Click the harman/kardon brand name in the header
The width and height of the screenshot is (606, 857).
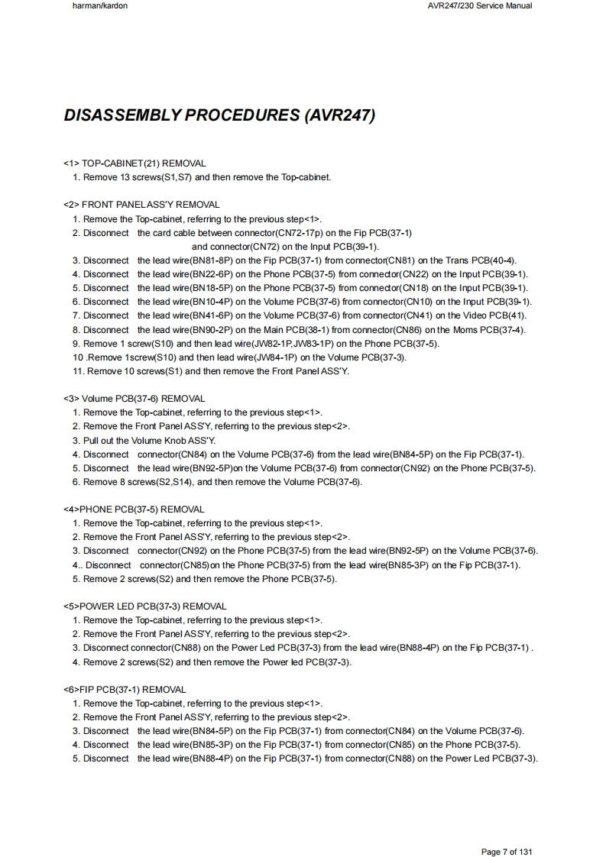95,6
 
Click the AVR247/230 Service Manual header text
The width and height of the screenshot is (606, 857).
481,6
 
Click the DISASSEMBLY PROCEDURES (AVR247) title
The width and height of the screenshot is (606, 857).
219,116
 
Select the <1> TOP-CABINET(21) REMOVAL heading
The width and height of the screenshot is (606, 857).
134,163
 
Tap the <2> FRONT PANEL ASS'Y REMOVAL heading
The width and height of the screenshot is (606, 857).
141,205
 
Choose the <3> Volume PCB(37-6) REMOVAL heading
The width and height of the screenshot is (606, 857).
134,399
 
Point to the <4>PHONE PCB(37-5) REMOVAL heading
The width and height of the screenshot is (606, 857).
134,509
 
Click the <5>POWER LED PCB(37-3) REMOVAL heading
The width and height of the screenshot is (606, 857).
145,606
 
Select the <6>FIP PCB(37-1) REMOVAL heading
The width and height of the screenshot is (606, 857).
125,690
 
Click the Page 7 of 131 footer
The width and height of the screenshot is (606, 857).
506,852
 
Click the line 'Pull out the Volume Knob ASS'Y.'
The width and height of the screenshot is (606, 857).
149,441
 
